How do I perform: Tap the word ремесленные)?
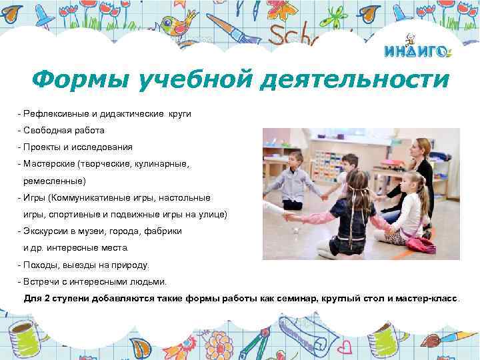54,180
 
